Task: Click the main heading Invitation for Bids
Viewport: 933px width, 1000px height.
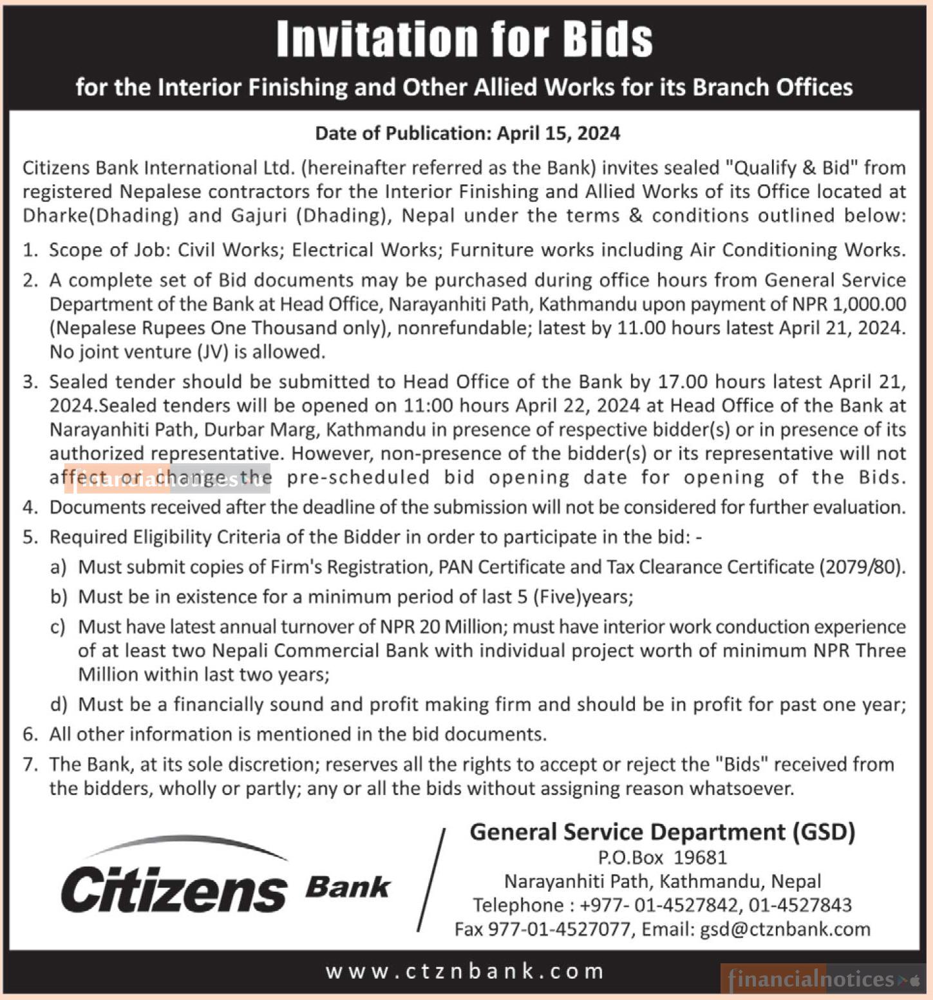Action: click(x=464, y=39)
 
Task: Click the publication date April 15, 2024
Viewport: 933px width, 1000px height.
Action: click(x=558, y=133)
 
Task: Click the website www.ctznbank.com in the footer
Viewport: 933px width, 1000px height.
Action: click(x=465, y=971)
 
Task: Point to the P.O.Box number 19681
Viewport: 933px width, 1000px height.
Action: click(x=701, y=858)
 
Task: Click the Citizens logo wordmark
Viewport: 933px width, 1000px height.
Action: click(x=174, y=889)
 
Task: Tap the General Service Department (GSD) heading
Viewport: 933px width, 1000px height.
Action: click(x=662, y=832)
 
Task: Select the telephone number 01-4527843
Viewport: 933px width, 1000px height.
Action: click(x=800, y=905)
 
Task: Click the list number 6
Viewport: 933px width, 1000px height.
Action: click(x=30, y=735)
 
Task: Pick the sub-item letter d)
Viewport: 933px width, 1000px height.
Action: click(x=59, y=704)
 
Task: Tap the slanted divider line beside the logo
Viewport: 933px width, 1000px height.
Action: click(x=431, y=880)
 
